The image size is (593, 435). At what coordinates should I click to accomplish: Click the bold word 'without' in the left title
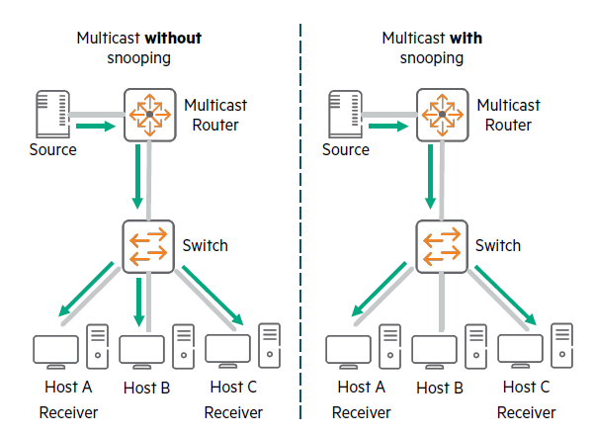click(x=174, y=39)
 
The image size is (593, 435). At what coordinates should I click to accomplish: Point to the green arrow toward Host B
click(x=139, y=301)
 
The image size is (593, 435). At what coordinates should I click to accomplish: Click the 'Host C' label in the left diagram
click(x=233, y=388)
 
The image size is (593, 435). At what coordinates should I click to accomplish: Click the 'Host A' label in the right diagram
click(x=354, y=388)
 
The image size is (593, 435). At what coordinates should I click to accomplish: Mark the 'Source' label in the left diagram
click(x=53, y=150)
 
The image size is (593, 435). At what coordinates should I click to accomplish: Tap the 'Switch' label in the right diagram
click(x=498, y=244)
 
